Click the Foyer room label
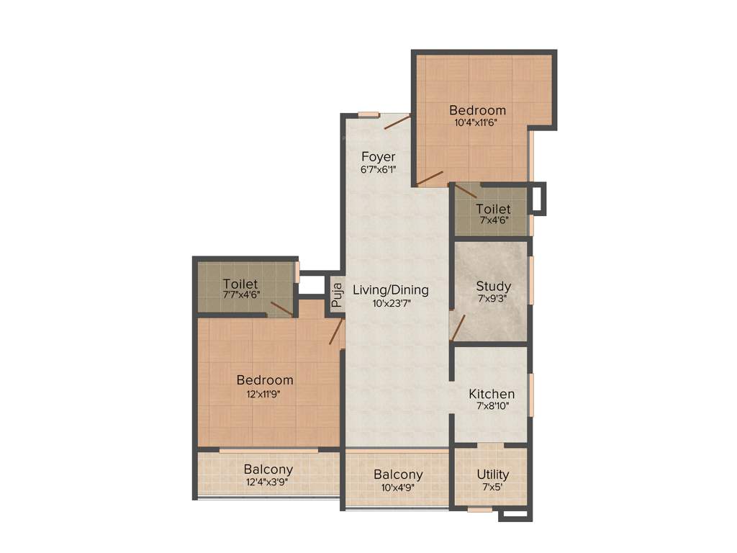point(379,157)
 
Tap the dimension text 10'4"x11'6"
point(476,122)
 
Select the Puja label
point(336,295)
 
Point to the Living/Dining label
point(391,290)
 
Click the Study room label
point(494,286)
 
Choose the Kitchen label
point(492,394)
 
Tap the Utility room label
point(493,475)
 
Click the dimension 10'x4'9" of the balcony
point(398,487)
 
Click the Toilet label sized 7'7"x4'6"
point(240,284)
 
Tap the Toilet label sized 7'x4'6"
point(493,210)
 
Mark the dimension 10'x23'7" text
point(391,303)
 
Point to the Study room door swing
point(458,325)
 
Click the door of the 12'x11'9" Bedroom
point(335,333)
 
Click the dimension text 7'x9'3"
point(494,299)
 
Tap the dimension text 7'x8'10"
point(492,407)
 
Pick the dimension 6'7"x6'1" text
point(379,169)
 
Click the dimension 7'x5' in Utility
point(493,487)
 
